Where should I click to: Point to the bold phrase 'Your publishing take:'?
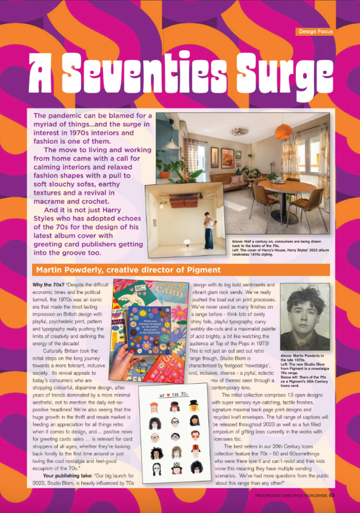pyautogui.click(x=69, y=483)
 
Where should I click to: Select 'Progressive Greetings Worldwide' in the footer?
pyautogui.click(x=292, y=495)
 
